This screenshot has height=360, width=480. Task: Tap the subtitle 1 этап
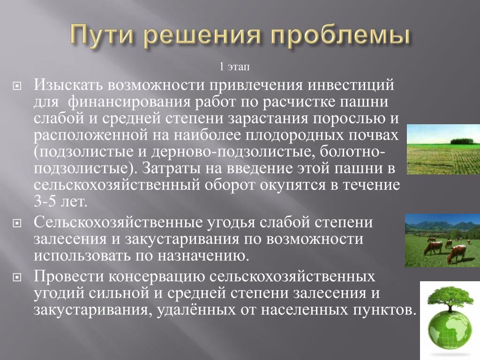click(x=234, y=67)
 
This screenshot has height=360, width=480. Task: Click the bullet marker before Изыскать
click(x=17, y=86)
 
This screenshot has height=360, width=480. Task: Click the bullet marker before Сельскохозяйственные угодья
click(x=17, y=223)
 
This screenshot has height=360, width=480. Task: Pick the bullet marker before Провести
click(x=17, y=277)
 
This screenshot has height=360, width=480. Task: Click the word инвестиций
click(x=351, y=85)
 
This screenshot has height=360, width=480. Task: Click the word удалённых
click(x=196, y=310)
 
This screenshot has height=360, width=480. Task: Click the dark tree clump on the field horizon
click(x=462, y=141)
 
